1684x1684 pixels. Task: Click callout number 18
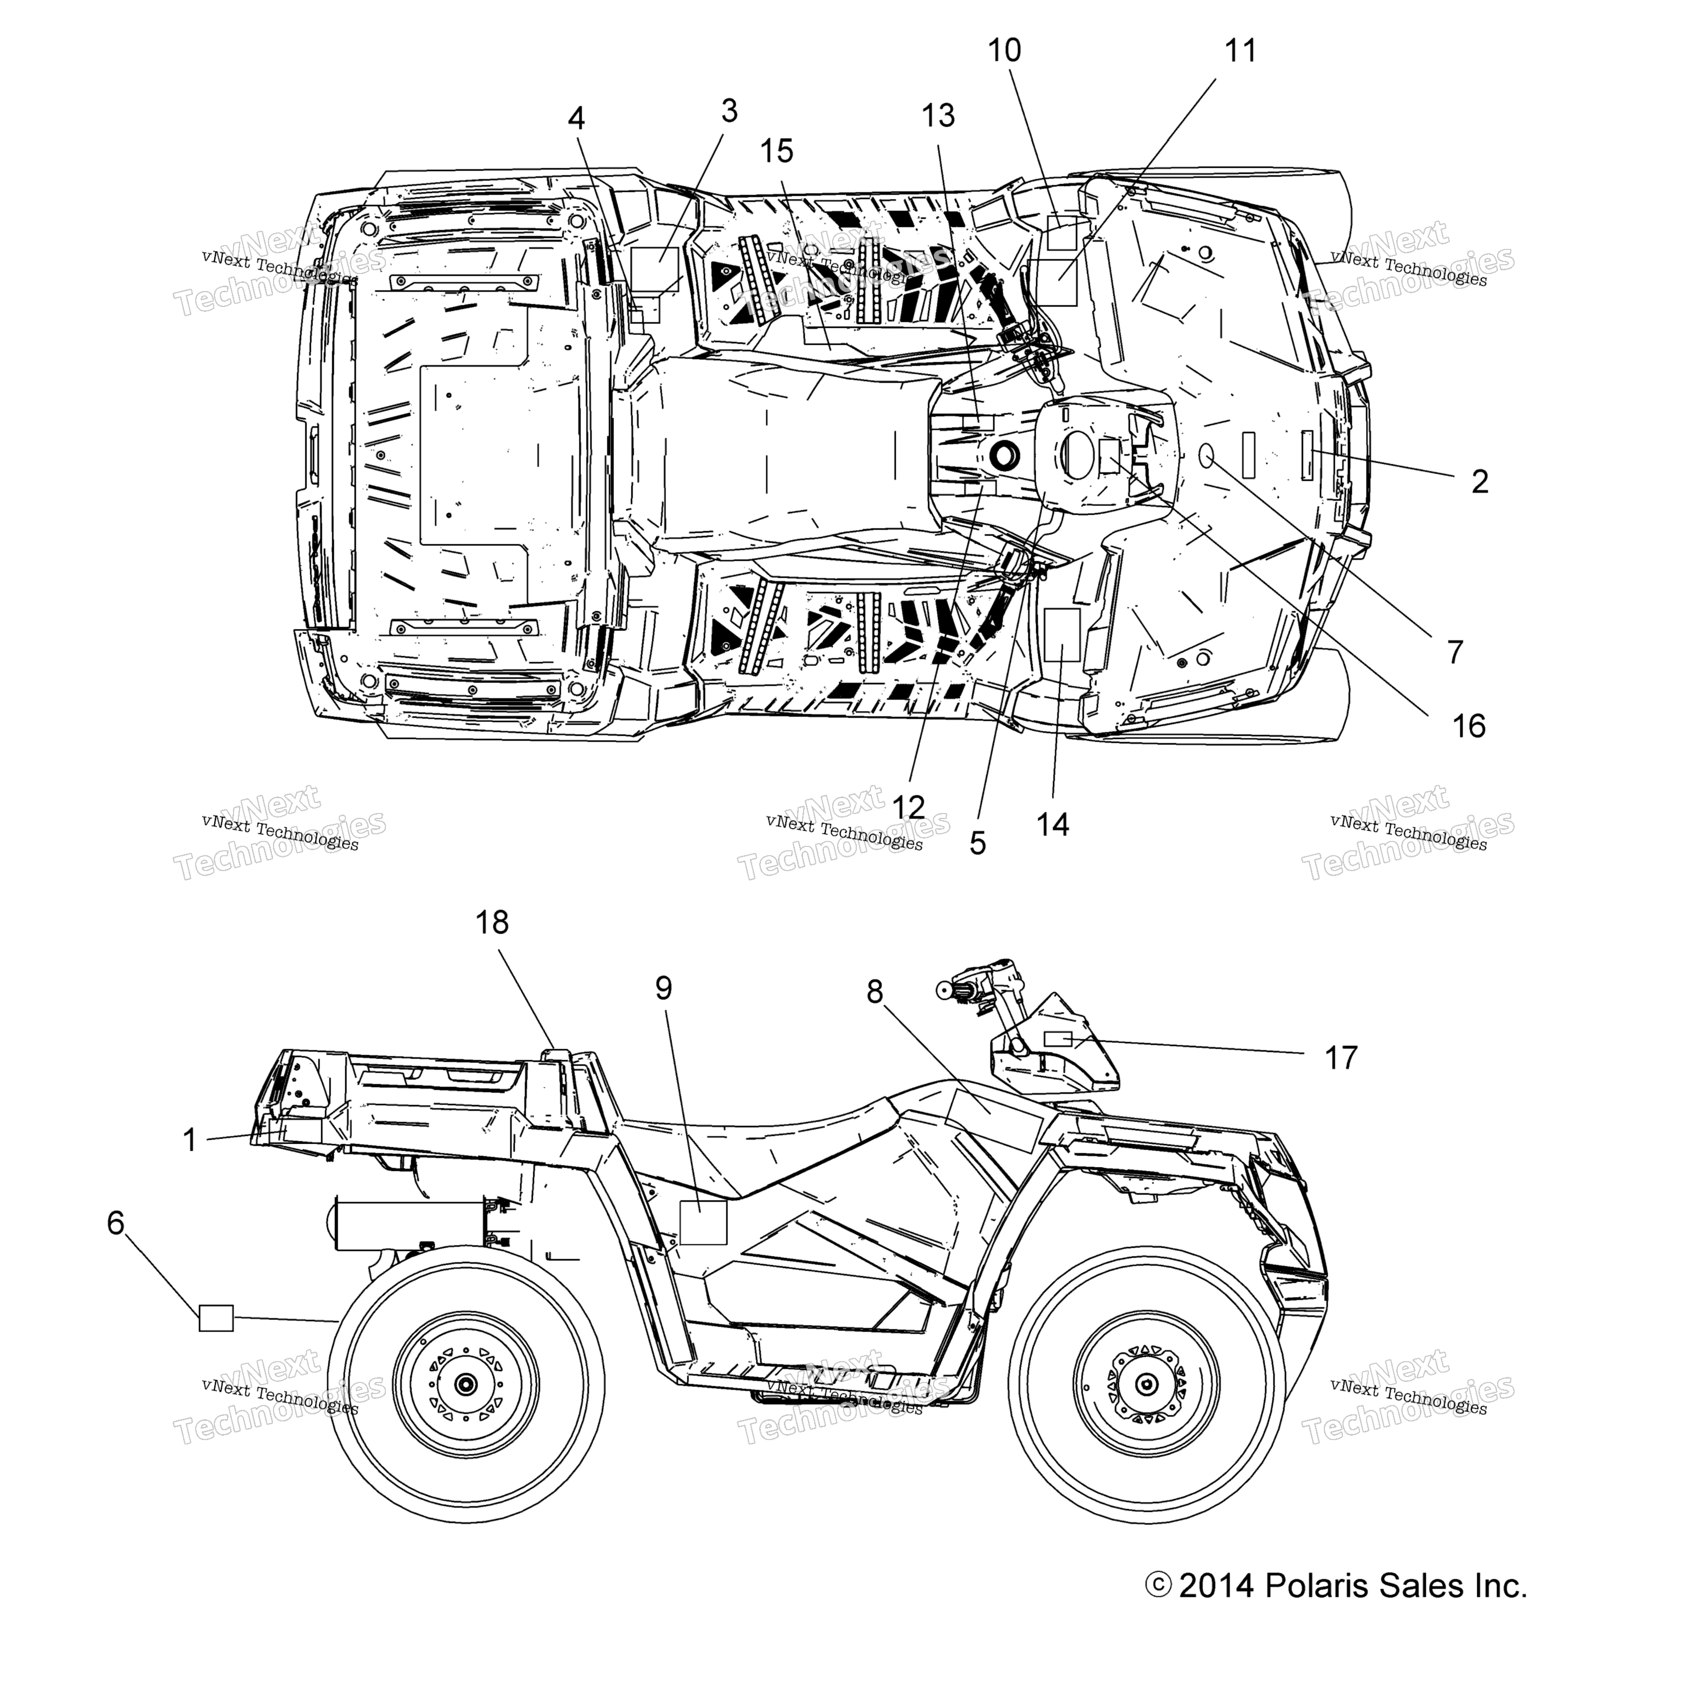(492, 922)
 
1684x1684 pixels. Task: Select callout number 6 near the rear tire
(116, 1223)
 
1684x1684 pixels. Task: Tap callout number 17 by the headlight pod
(1341, 1058)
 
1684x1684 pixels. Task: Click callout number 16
(1469, 725)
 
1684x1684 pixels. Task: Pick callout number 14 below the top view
(1053, 824)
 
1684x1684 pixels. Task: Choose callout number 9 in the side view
(664, 988)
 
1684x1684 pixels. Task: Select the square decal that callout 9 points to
(703, 1222)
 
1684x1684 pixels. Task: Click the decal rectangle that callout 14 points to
(1062, 635)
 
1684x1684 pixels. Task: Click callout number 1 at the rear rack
(190, 1139)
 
